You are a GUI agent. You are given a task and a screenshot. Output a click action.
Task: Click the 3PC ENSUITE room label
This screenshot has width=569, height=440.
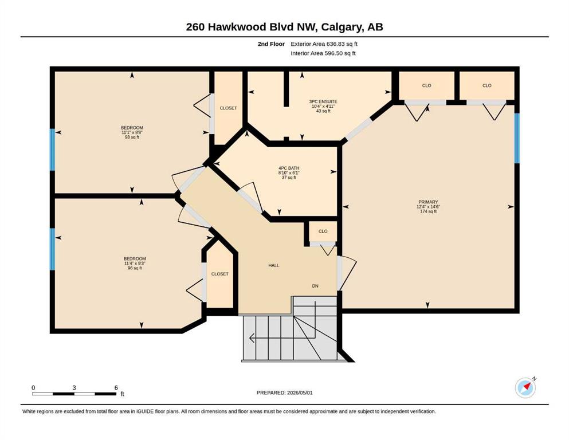tap(323, 107)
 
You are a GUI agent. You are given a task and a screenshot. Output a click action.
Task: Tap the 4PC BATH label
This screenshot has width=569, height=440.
tap(289, 172)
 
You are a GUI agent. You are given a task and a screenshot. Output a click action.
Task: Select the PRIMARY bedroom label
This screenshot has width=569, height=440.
tap(428, 206)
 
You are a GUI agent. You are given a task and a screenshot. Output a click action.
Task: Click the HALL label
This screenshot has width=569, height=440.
tap(274, 265)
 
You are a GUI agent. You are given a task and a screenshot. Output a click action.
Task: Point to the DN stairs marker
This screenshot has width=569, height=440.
tap(315, 286)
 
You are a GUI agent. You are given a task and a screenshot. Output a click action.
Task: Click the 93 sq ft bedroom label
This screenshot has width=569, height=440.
tap(132, 132)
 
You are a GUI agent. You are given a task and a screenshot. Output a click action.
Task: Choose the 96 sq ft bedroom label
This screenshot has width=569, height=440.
tap(135, 264)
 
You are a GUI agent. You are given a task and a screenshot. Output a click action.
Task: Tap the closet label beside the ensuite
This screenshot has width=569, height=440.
tap(228, 108)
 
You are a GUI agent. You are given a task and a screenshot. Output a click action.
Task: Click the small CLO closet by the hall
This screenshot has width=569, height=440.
tap(323, 231)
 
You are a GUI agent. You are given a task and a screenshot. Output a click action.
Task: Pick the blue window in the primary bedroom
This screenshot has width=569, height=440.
tap(517, 138)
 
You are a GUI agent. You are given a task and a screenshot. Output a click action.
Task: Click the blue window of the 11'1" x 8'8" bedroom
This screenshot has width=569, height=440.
tap(52, 150)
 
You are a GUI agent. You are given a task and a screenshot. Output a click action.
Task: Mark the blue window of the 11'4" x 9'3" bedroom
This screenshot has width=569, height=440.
tap(52, 249)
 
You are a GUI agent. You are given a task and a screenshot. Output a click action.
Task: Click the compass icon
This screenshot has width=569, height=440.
tap(525, 387)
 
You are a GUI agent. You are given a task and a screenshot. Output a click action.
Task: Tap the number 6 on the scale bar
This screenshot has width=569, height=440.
tap(116, 387)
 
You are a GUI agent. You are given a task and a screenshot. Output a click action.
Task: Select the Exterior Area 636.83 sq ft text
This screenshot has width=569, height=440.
tap(324, 44)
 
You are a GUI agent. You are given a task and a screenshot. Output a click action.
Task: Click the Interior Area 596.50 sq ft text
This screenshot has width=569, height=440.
tap(323, 53)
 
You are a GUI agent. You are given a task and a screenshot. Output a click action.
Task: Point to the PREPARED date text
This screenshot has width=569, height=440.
tap(284, 392)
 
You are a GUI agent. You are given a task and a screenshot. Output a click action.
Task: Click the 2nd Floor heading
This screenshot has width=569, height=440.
tap(271, 44)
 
